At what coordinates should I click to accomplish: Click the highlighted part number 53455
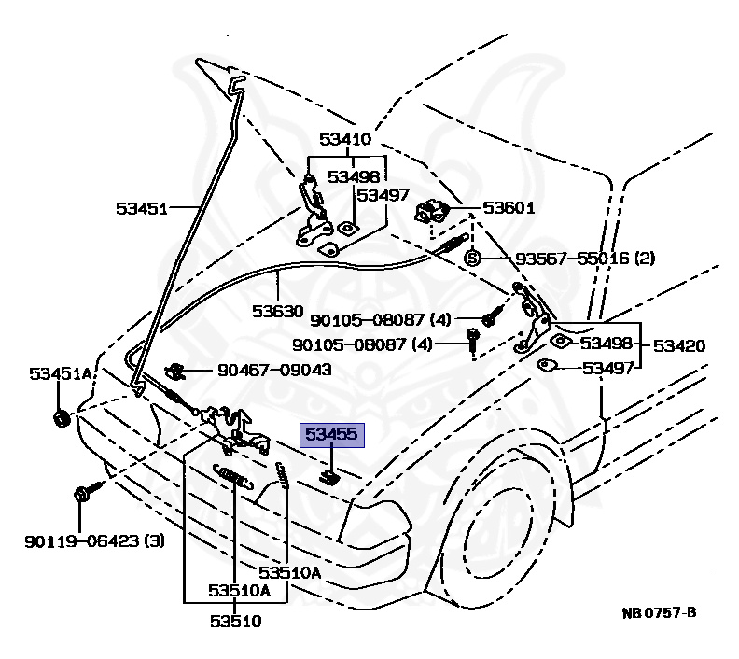tap(331, 435)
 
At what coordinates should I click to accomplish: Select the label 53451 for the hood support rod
tap(142, 208)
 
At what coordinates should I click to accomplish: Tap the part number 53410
tap(345, 140)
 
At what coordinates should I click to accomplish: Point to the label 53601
tap(509, 208)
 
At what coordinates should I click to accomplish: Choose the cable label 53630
tap(277, 310)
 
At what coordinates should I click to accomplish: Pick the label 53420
tap(678, 345)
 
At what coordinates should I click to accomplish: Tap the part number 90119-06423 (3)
tap(95, 540)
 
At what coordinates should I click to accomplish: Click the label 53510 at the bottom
tap(234, 620)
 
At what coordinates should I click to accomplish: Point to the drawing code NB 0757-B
tap(659, 613)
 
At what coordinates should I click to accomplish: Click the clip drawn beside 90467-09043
tap(174, 371)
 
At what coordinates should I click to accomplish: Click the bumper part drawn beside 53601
tap(432, 213)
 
